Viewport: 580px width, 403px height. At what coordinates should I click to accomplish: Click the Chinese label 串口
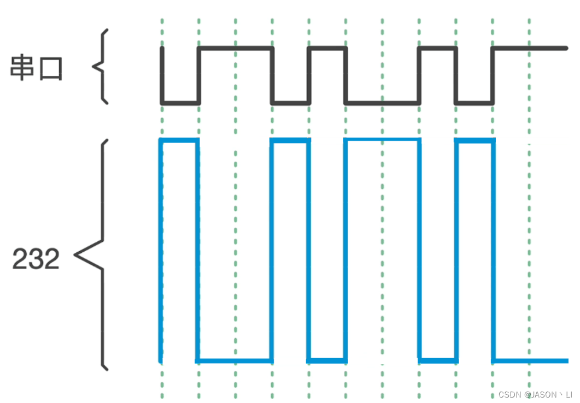click(37, 69)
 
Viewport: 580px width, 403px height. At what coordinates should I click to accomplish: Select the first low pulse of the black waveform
click(180, 102)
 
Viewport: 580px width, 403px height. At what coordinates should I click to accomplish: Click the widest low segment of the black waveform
click(382, 102)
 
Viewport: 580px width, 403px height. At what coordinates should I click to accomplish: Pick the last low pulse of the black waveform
click(474, 102)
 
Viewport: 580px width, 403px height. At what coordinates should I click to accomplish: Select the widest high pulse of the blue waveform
click(382, 140)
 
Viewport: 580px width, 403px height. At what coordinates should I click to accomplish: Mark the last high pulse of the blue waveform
click(474, 141)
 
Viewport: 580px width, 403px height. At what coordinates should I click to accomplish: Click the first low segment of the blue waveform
click(235, 360)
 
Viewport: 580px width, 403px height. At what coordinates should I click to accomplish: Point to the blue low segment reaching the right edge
click(530, 360)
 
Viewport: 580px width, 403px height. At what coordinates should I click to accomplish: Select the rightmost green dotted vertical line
click(529, 218)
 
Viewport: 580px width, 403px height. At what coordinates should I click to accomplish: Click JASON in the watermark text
click(545, 395)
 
